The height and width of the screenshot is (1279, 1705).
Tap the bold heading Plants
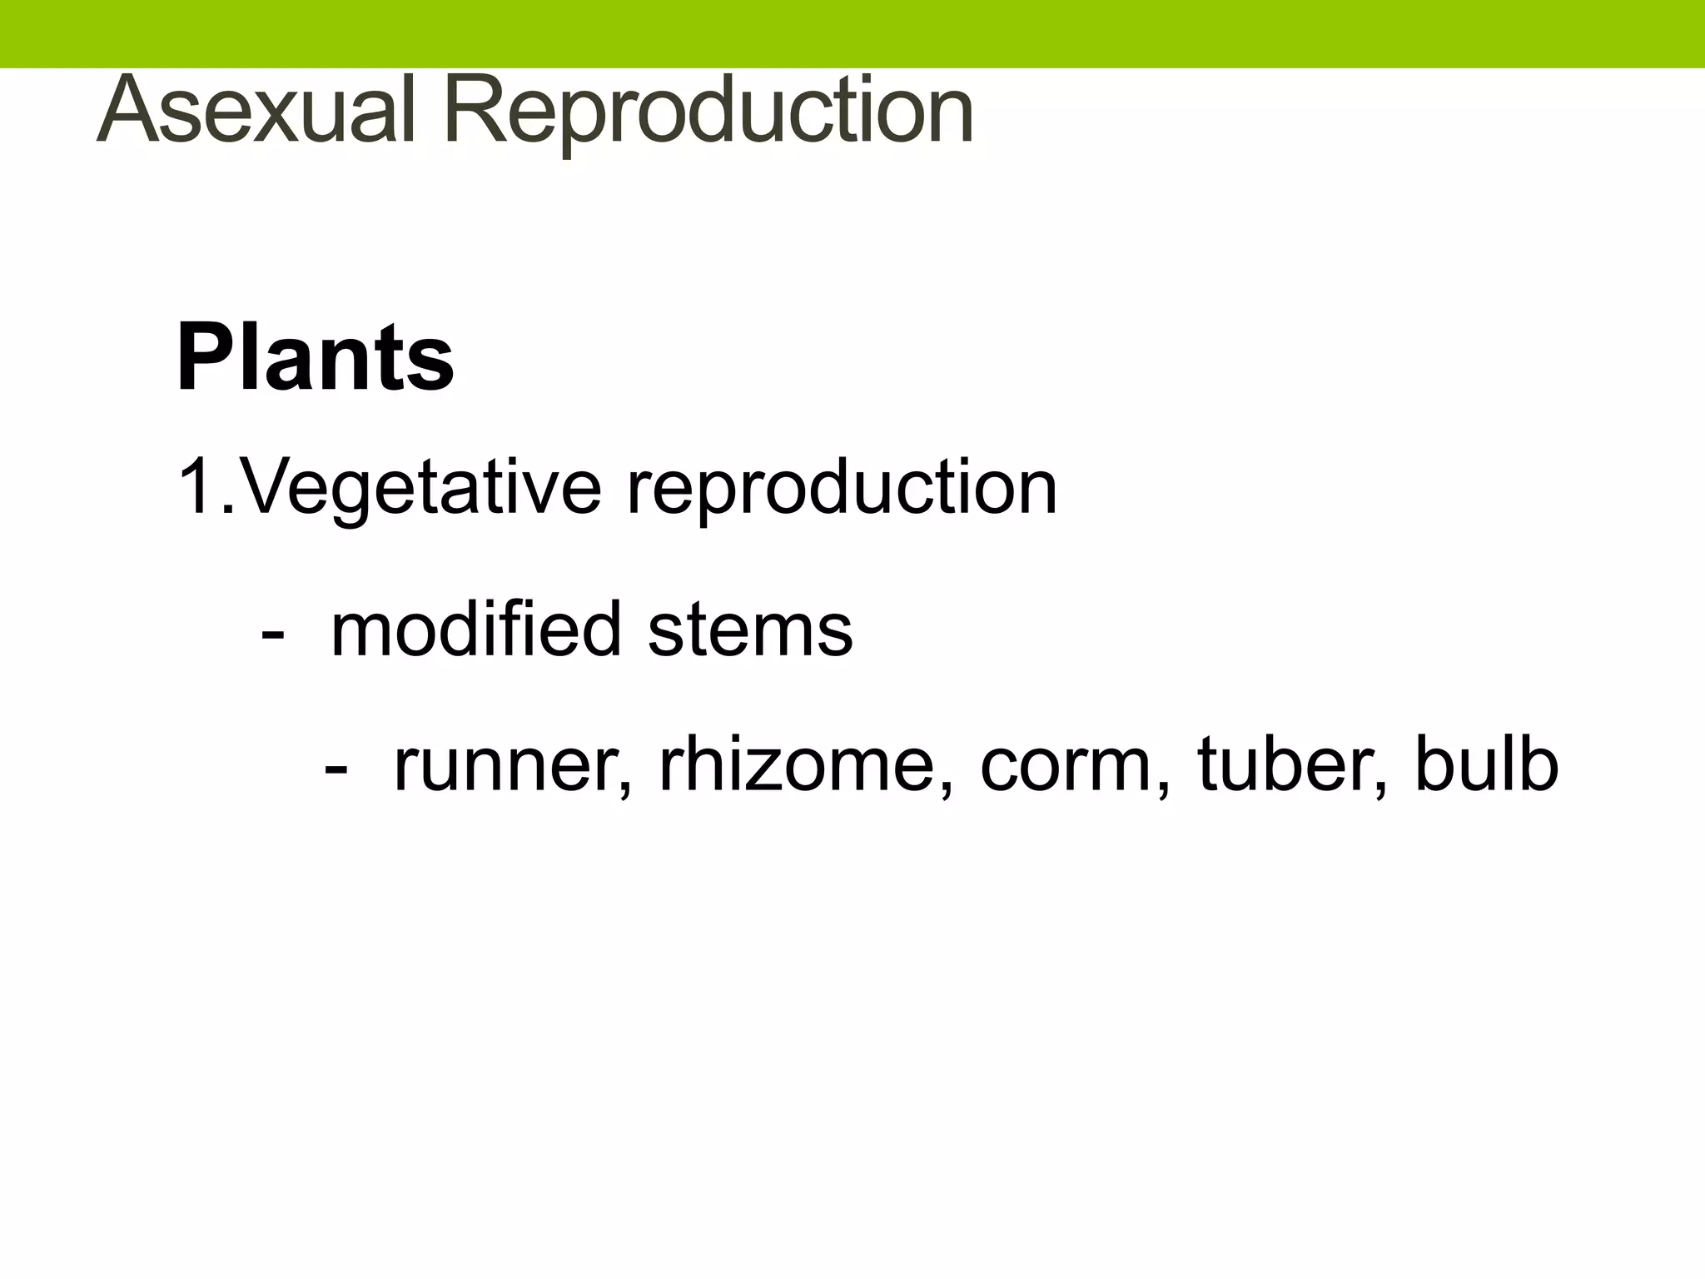(315, 358)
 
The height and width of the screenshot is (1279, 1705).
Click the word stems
(750, 630)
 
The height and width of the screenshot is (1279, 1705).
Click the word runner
(506, 766)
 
